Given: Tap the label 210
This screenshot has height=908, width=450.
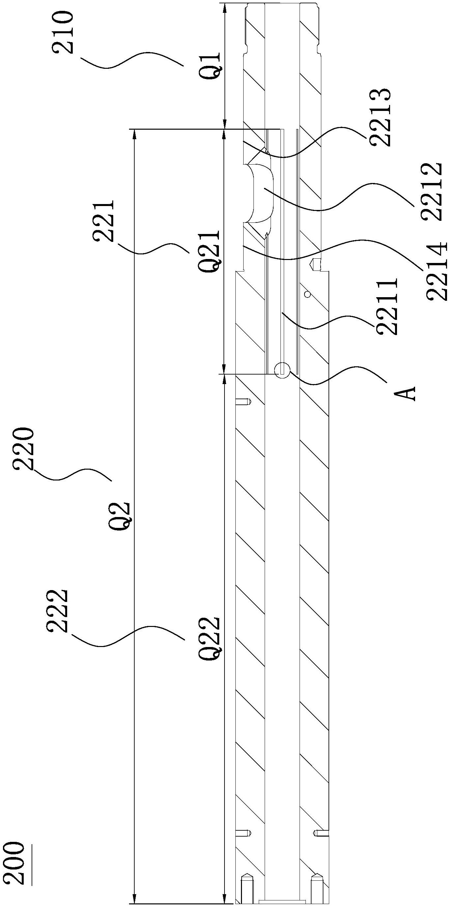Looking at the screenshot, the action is (x=64, y=33).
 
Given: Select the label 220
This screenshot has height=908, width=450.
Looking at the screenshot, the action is (x=24, y=449).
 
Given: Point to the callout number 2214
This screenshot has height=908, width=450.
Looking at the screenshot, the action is (x=437, y=271).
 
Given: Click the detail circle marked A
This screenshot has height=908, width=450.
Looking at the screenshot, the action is (x=282, y=371).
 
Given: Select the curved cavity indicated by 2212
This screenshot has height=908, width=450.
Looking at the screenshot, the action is (x=261, y=193).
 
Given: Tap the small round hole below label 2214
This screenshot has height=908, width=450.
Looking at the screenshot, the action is (x=307, y=294).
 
